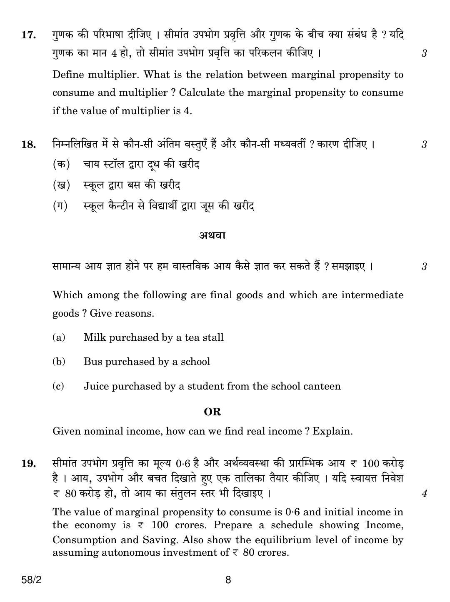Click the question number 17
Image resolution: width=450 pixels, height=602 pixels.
(x=28, y=35)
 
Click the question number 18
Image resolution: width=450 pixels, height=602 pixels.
(x=28, y=145)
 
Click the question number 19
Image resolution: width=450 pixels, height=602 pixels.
(x=28, y=464)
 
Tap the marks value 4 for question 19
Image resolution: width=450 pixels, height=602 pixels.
(x=424, y=494)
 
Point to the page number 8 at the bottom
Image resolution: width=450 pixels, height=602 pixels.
(x=227, y=580)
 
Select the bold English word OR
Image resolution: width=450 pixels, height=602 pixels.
(x=212, y=412)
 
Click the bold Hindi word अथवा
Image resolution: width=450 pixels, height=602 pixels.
(x=212, y=235)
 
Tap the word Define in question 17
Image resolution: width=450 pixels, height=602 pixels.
(x=68, y=75)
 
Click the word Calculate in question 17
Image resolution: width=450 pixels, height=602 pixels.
(x=202, y=93)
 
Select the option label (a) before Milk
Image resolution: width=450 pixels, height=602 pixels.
(x=59, y=337)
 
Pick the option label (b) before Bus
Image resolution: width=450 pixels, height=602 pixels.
(x=59, y=362)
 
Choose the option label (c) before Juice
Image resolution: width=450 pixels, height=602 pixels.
(x=58, y=386)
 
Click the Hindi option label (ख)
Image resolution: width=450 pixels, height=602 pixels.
(x=61, y=185)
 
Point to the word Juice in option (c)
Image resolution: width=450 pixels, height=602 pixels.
(x=96, y=386)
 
